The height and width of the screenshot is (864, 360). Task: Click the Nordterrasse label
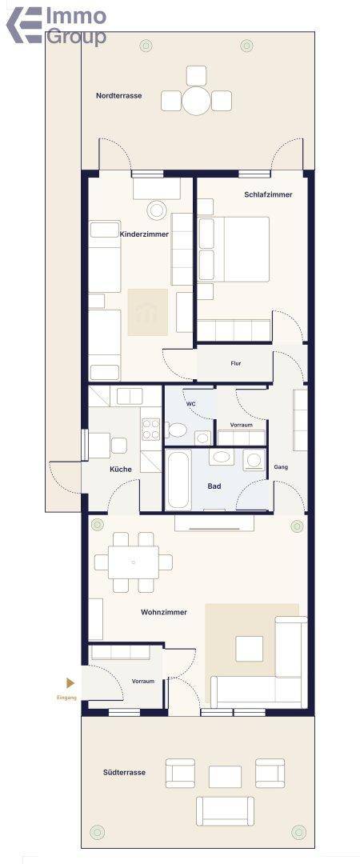[x=118, y=95]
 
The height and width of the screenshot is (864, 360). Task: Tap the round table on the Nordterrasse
[x=197, y=101]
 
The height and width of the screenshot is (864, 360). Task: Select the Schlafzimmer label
[x=268, y=194]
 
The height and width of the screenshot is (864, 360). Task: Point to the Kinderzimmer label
[x=144, y=234]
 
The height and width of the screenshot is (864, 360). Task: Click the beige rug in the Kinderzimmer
[x=148, y=312]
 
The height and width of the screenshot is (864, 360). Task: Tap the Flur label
[x=236, y=364]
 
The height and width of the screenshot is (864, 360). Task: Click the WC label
[x=190, y=404]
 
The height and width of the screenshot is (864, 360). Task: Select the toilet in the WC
[x=176, y=430]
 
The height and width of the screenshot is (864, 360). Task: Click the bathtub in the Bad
[x=178, y=479]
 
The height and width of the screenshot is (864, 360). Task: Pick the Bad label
[x=214, y=486]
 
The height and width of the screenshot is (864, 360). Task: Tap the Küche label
[x=121, y=470]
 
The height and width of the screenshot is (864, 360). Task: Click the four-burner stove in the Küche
[x=151, y=430]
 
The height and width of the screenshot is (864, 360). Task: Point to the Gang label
[x=281, y=466]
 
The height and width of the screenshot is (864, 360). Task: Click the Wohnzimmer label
[x=164, y=612]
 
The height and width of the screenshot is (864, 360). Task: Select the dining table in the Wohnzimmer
[x=134, y=562]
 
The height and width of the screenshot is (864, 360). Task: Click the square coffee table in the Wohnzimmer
[x=249, y=649]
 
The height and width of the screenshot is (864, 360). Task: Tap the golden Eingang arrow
[x=70, y=683]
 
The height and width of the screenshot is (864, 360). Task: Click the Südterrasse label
[x=125, y=773]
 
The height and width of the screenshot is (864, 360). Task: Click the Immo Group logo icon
[x=24, y=25]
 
